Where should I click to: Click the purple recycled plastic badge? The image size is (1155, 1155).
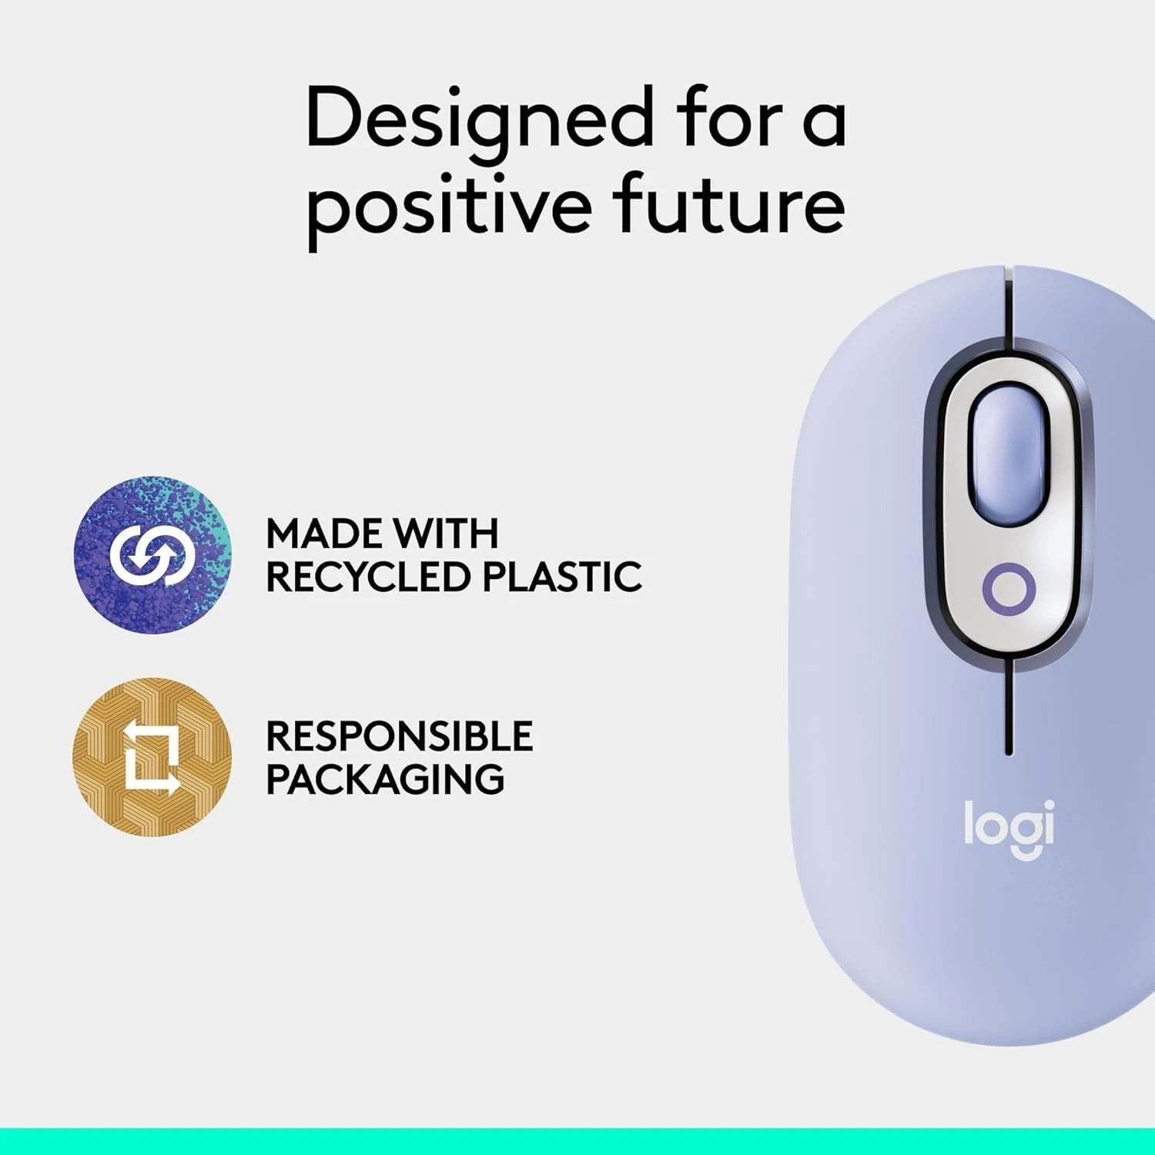coord(152,554)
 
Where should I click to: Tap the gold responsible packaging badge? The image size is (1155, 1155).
coord(152,757)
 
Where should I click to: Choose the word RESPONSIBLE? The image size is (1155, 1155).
coord(399,736)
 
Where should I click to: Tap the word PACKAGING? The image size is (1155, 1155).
coord(385,779)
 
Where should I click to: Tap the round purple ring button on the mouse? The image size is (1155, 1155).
coord(1009,589)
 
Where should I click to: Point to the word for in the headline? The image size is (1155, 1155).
coord(728,119)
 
